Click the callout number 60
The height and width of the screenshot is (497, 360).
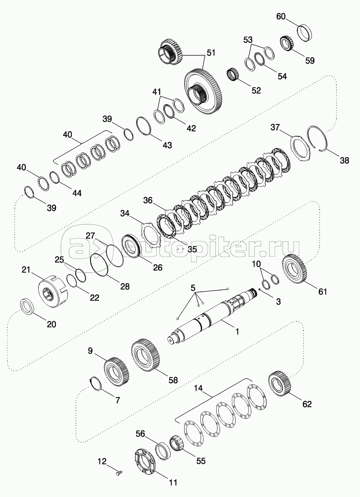[281, 16]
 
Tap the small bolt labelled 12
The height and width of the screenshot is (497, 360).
[119, 473]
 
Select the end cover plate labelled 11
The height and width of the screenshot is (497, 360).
[145, 462]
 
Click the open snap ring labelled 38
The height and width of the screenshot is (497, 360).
[317, 138]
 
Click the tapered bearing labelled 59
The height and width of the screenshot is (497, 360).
[287, 43]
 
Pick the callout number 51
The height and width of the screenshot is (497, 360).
[211, 53]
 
